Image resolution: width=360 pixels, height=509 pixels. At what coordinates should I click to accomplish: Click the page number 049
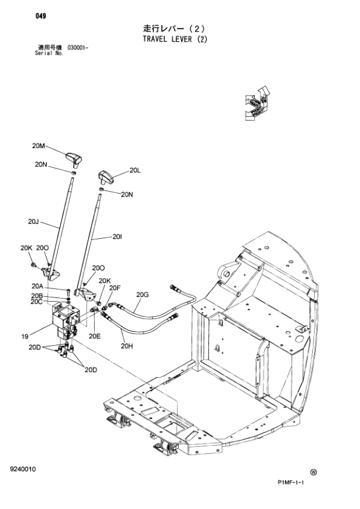[41, 16]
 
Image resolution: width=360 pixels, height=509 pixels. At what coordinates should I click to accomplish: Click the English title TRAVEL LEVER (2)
[175, 39]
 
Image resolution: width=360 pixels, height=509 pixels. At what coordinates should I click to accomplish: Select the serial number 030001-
[78, 48]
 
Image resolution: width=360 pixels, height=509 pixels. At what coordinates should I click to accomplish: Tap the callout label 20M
[38, 146]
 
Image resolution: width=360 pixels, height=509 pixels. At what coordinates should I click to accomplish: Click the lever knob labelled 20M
[74, 158]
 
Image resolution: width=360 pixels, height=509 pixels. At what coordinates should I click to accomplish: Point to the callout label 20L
[135, 170]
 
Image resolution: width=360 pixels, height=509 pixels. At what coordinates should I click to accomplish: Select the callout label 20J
[33, 222]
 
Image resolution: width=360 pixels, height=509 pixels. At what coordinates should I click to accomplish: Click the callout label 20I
[117, 237]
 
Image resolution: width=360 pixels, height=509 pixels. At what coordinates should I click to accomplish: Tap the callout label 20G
[143, 295]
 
